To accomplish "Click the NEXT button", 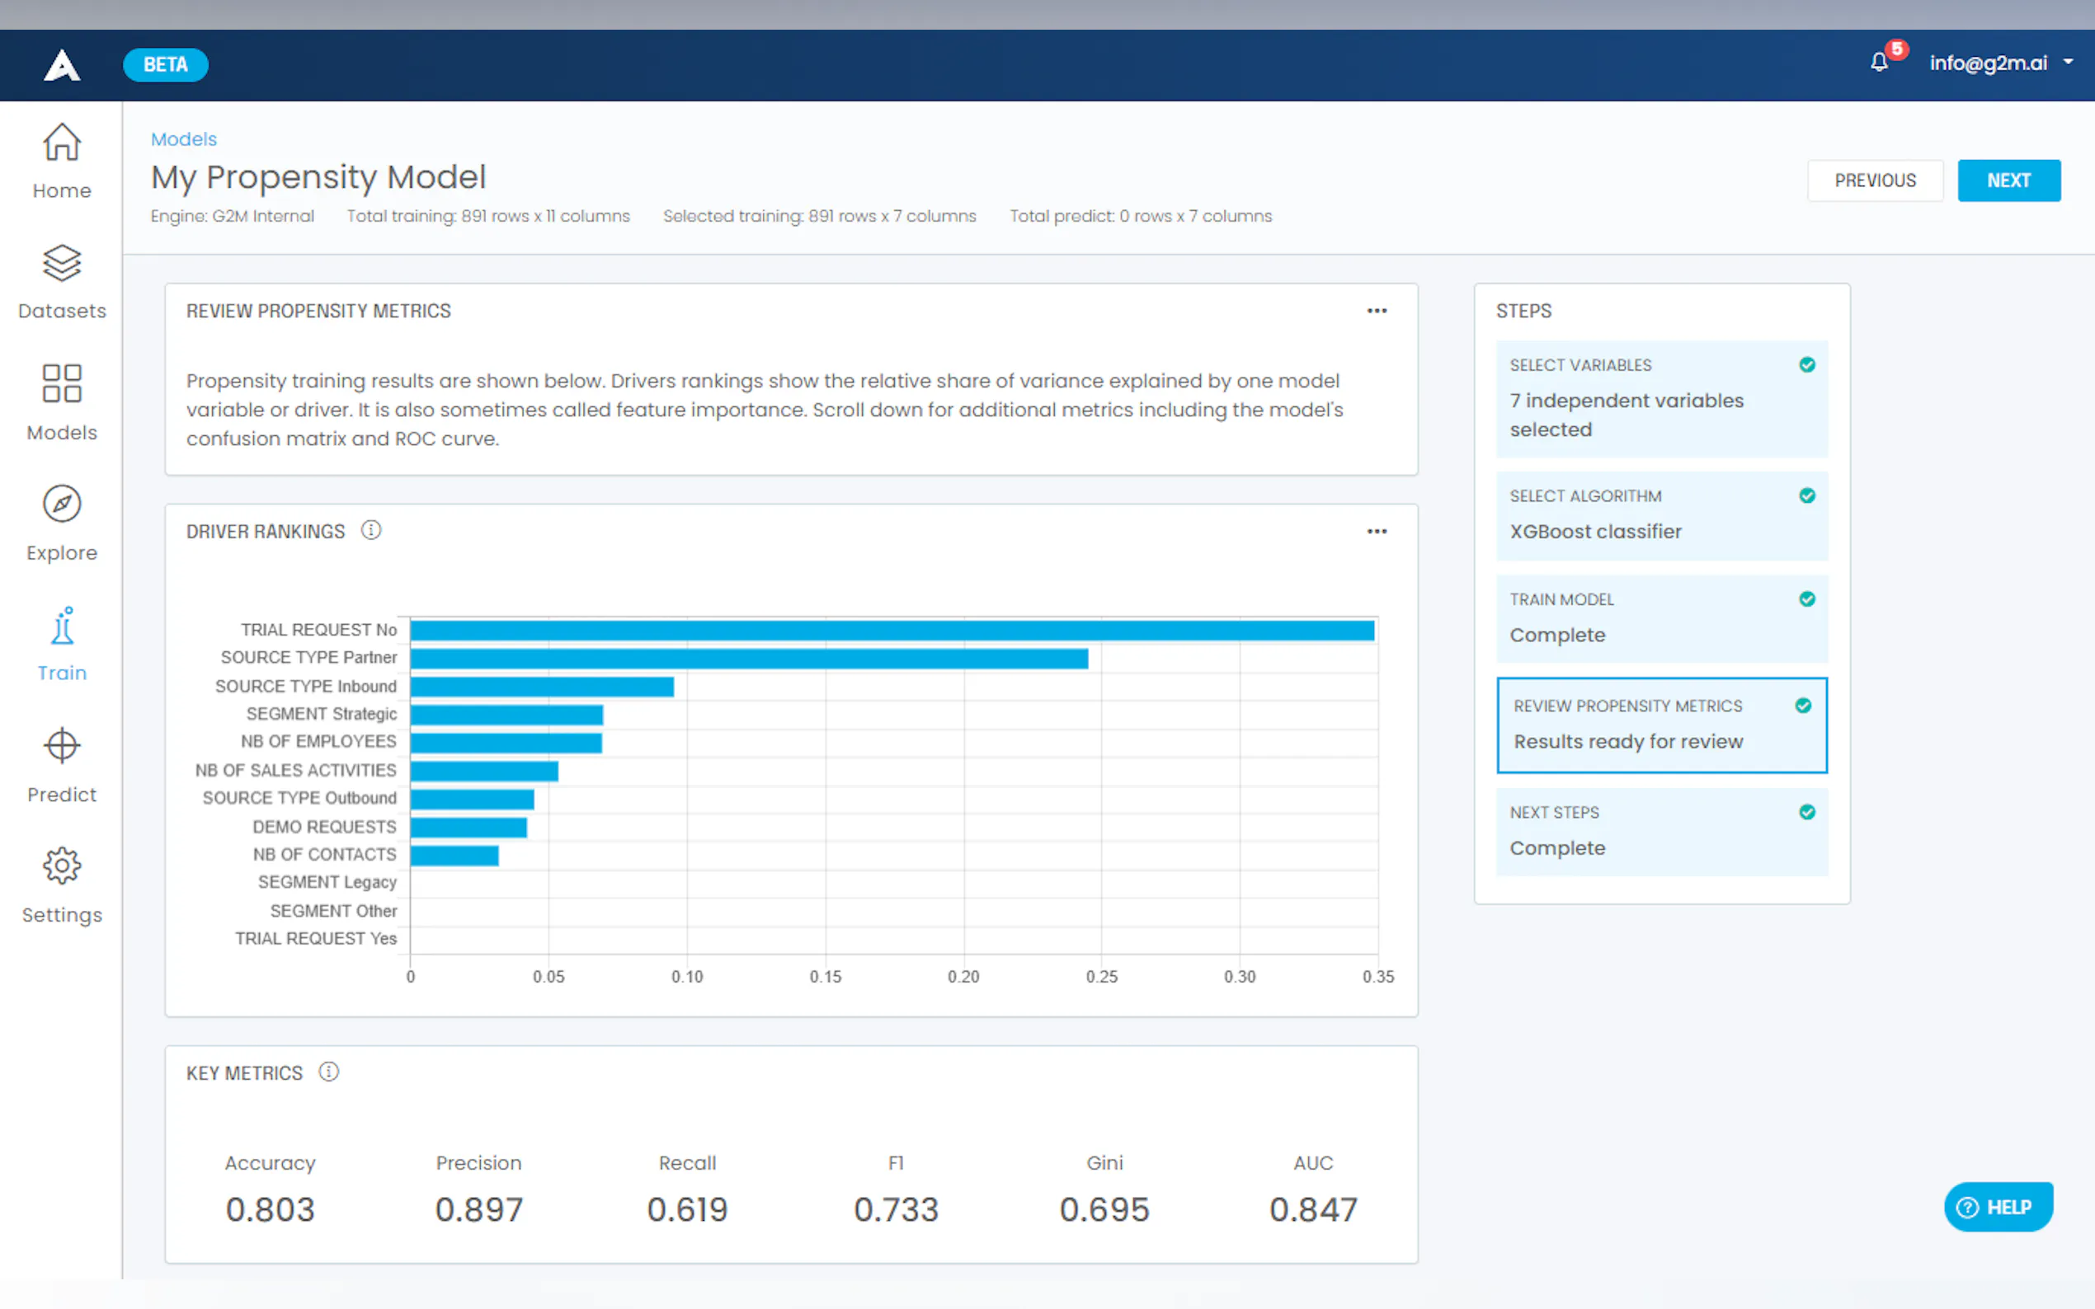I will click(x=2008, y=180).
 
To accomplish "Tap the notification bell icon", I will click(x=1877, y=63).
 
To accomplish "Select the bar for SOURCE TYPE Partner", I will click(x=748, y=659).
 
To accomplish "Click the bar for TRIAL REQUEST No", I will click(x=892, y=631).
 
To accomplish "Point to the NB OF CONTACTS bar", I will click(x=454, y=856).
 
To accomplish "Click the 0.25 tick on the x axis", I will click(x=1101, y=977).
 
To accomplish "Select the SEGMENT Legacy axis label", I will click(x=327, y=882).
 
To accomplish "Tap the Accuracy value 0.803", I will click(x=270, y=1208).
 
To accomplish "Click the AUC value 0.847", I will click(x=1312, y=1208).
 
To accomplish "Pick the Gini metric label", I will click(x=1104, y=1163).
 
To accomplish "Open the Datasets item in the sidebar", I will click(x=62, y=282).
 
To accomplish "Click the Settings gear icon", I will click(x=62, y=865).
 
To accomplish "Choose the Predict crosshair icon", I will click(x=62, y=745).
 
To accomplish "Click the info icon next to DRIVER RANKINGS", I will click(x=370, y=530).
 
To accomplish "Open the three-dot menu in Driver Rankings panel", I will click(x=1376, y=532).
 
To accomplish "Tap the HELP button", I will click(x=1997, y=1207).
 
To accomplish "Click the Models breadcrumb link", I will click(x=184, y=139).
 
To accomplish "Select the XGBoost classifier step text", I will click(x=1595, y=532).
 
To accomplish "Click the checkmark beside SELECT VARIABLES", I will click(x=1806, y=364).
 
